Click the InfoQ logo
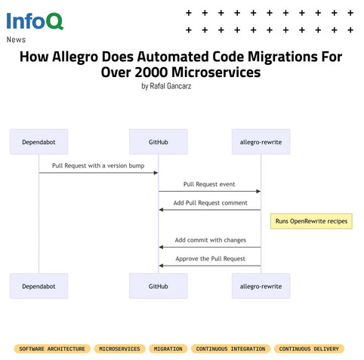[x=35, y=21]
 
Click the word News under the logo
[x=16, y=39]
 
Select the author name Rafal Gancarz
[x=171, y=86]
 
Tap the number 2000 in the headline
[x=151, y=72]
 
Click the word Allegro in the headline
[x=75, y=57]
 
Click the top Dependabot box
[x=39, y=142]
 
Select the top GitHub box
[x=159, y=142]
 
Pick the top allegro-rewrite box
[x=261, y=142]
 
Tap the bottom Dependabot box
[x=39, y=286]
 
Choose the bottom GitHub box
[x=159, y=286]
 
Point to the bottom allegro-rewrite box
[x=261, y=286]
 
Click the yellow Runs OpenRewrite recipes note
[x=311, y=221]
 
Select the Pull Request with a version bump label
[x=98, y=166]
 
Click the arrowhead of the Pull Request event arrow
[x=258, y=192]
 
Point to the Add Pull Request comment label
[x=210, y=203]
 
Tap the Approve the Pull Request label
[x=210, y=259]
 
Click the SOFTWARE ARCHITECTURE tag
[x=52, y=349]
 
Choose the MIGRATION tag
[x=168, y=349]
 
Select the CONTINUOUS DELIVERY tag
[x=309, y=349]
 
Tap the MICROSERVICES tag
[x=119, y=349]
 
